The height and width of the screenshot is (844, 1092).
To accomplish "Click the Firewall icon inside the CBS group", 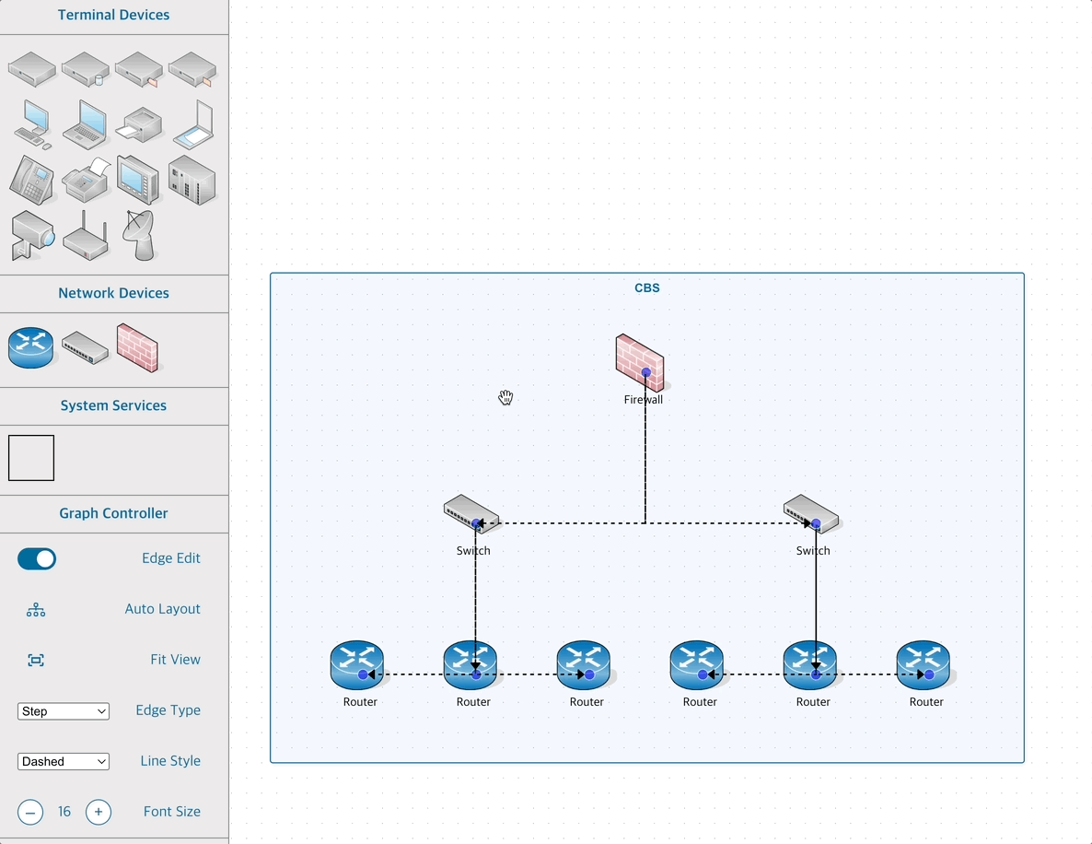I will pyautogui.click(x=639, y=361).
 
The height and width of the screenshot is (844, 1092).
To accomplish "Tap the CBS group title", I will pyautogui.click(x=647, y=287).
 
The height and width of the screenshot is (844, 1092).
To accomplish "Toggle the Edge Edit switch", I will pyautogui.click(x=37, y=558).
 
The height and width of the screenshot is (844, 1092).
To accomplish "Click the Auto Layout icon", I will pyautogui.click(x=36, y=609).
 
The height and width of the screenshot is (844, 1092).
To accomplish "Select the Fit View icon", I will pyautogui.click(x=36, y=660).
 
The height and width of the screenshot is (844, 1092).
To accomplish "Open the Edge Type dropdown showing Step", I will pyautogui.click(x=64, y=711).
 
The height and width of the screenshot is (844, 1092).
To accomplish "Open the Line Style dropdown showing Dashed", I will pyautogui.click(x=64, y=762).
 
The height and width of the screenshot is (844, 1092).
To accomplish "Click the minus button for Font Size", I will pyautogui.click(x=30, y=812).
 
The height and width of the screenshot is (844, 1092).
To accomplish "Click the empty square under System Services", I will pyautogui.click(x=31, y=458).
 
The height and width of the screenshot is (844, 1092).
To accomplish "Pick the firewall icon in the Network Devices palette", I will pyautogui.click(x=138, y=347).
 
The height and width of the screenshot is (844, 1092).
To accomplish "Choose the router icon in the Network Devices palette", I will pyautogui.click(x=31, y=347).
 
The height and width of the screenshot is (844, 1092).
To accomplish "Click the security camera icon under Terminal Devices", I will pyautogui.click(x=32, y=236).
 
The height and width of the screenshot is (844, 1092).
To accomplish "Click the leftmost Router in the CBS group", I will pyautogui.click(x=357, y=665).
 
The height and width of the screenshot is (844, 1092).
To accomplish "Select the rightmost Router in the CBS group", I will pyautogui.click(x=924, y=665).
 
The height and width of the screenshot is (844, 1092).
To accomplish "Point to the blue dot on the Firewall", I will pyautogui.click(x=646, y=372).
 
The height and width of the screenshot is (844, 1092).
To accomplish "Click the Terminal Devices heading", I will pyautogui.click(x=113, y=15).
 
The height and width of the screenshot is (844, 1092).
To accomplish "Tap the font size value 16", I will pyautogui.click(x=64, y=812).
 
